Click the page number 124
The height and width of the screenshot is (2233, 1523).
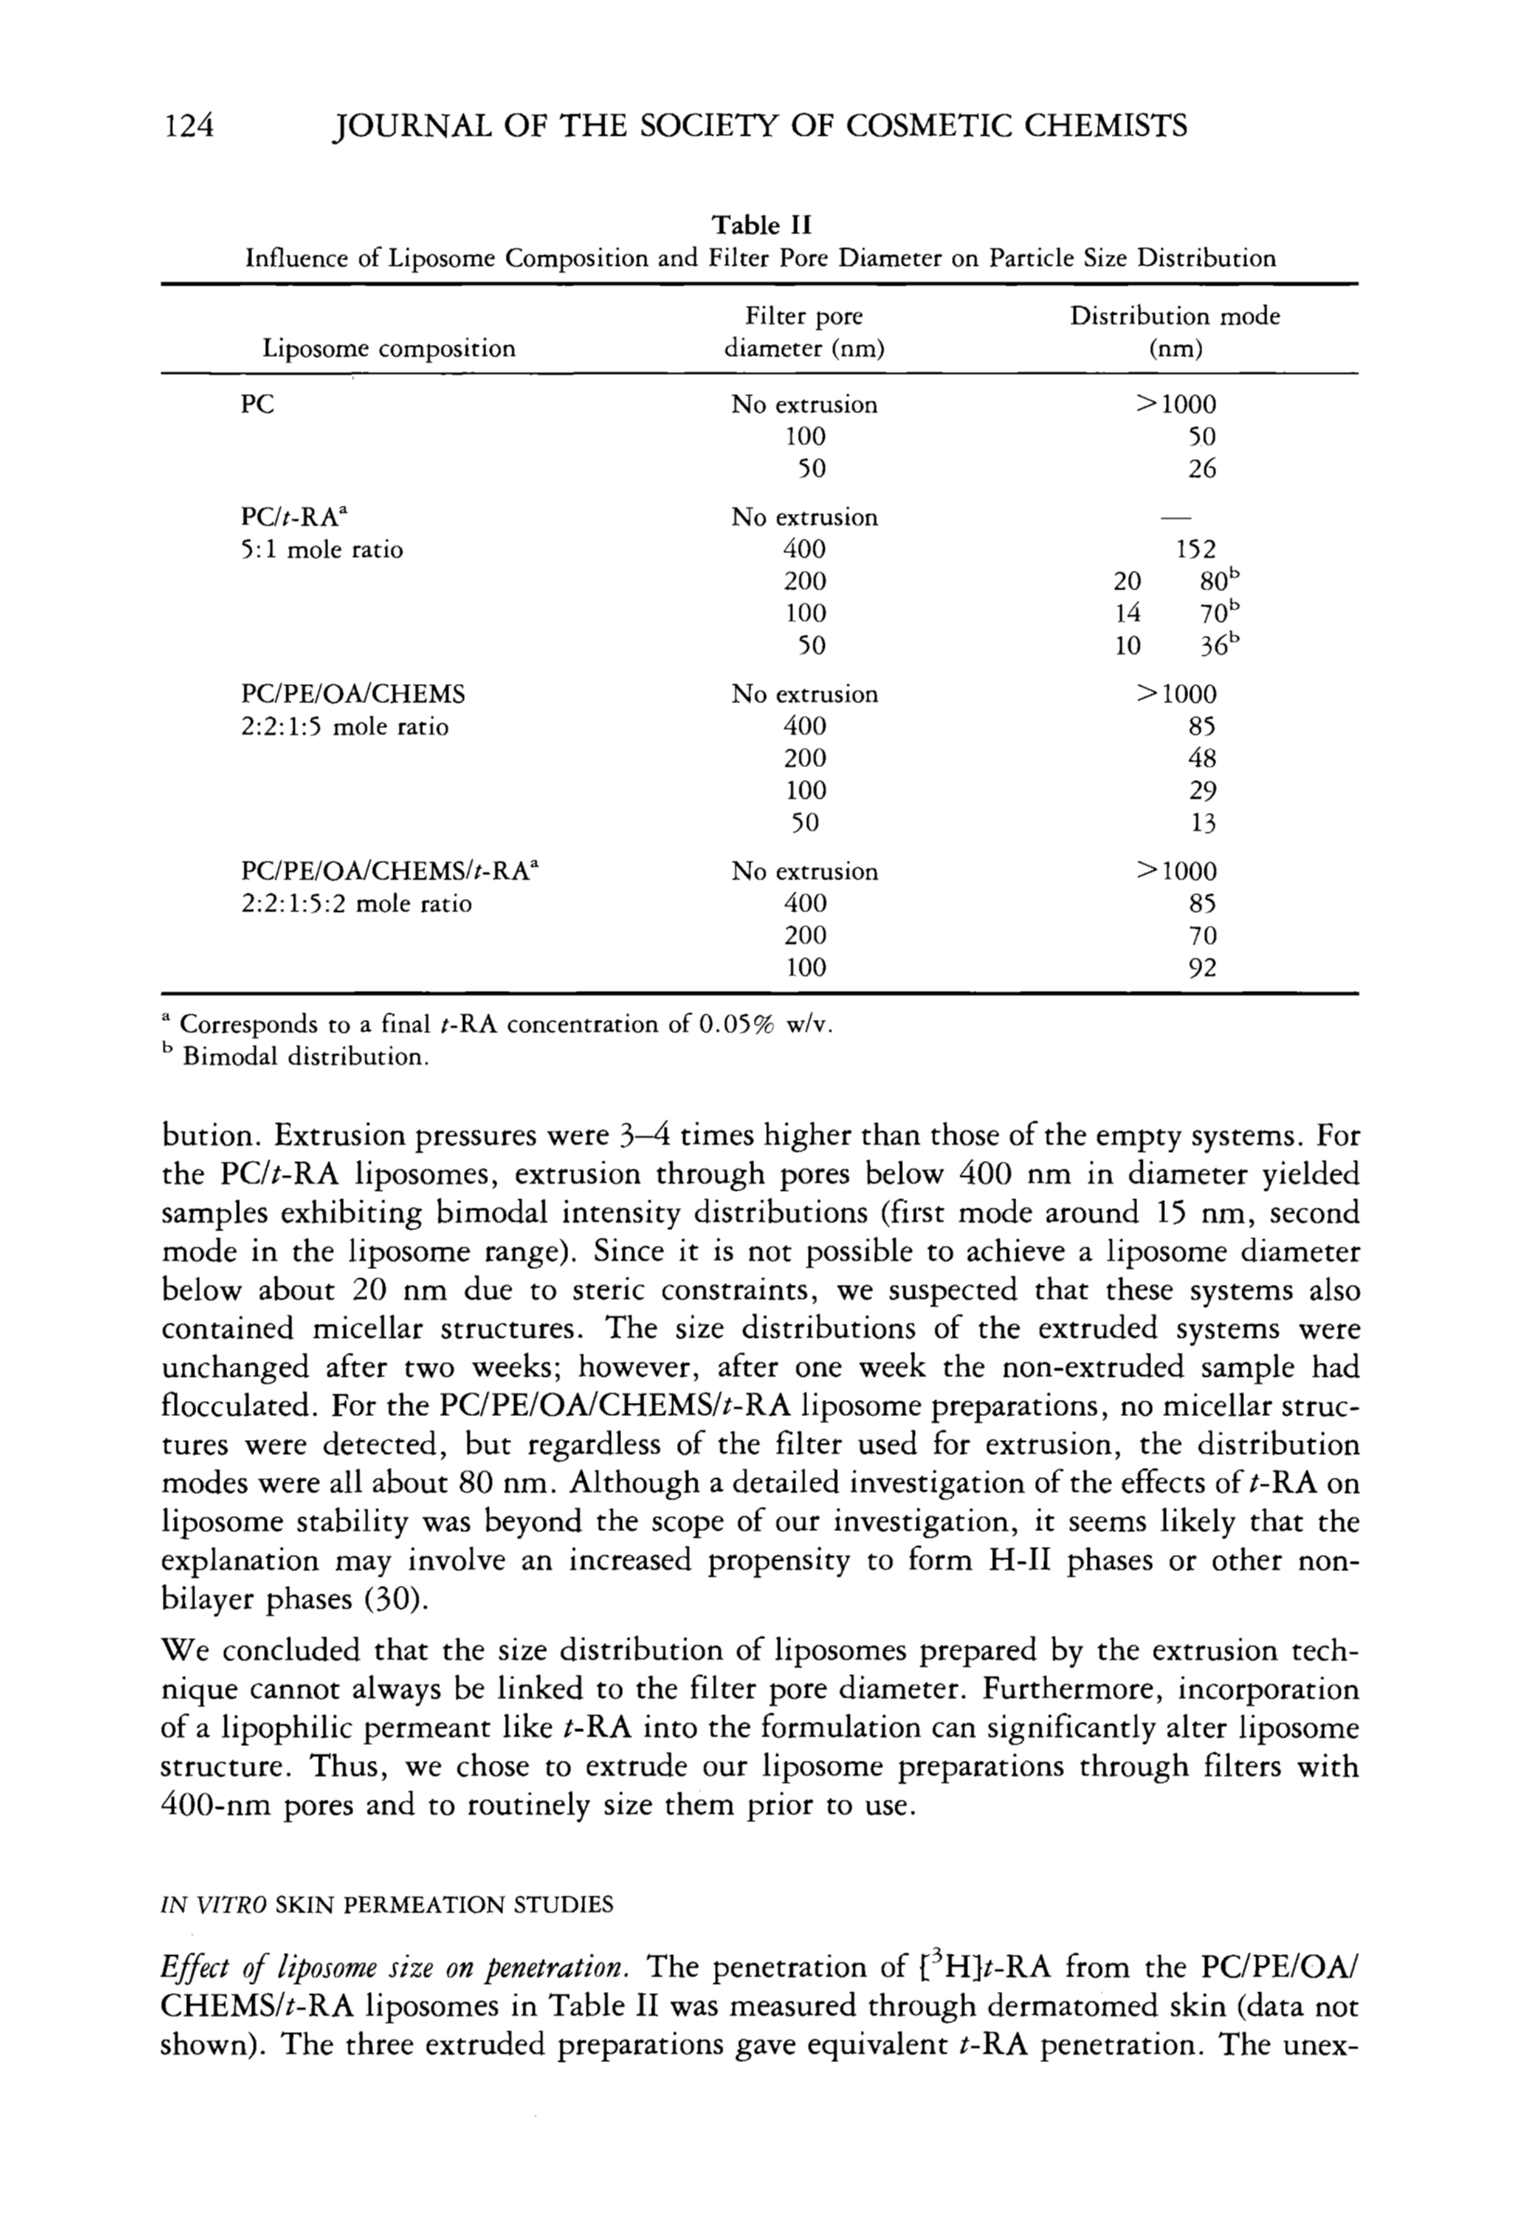189,126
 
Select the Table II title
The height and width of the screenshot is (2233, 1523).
761,226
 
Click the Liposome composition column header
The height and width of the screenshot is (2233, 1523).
390,348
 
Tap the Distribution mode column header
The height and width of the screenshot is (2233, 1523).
1175,332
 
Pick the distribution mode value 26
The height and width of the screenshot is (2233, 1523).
1201,469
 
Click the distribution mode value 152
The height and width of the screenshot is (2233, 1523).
1196,549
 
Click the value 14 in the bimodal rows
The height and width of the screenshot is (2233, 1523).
1127,613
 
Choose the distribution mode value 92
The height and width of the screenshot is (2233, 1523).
1202,968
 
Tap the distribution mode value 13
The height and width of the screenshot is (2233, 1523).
1202,824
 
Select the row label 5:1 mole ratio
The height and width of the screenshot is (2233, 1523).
322,550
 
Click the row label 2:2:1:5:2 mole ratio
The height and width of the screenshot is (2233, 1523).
356,905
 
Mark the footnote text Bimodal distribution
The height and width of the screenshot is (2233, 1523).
305,1058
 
